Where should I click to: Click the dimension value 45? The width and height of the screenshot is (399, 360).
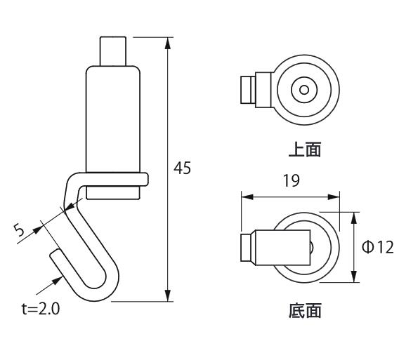[x=182, y=168]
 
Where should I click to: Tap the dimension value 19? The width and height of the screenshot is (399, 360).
[x=292, y=181]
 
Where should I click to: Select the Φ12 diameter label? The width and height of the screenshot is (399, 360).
[x=378, y=247]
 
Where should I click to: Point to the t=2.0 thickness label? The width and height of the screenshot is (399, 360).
[x=41, y=309]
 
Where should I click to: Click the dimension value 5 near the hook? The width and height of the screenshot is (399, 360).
[x=19, y=229]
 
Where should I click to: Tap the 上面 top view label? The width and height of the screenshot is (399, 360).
[x=305, y=149]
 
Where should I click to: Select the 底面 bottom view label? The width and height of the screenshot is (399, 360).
[x=305, y=310]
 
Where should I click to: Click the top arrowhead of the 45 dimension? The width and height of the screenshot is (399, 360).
[x=167, y=43]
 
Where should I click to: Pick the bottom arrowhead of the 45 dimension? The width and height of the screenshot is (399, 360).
[x=167, y=295]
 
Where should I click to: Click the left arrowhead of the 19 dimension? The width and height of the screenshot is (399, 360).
[x=247, y=196]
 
